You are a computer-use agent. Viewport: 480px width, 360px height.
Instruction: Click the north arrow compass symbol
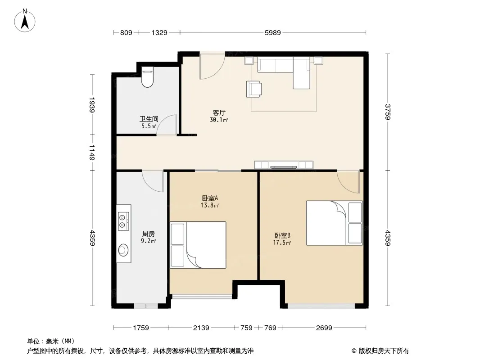[x=25, y=21]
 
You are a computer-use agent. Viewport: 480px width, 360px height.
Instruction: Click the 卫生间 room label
[x=149, y=119]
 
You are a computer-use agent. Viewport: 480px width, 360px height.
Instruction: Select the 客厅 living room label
[x=219, y=112]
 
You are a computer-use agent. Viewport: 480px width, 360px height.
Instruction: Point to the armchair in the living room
[x=254, y=89]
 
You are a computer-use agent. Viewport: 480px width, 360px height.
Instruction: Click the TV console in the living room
[x=284, y=165]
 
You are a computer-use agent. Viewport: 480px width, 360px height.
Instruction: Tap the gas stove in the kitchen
[x=123, y=221]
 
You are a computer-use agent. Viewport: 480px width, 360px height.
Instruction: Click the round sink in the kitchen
[x=123, y=250]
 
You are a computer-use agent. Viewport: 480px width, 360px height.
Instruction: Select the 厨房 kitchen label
[x=149, y=234]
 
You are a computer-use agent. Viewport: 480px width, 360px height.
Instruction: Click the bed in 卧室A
[x=198, y=245]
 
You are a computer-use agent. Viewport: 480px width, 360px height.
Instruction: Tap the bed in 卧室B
[x=334, y=223]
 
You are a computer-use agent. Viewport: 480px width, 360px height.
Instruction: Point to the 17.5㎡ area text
[x=281, y=243]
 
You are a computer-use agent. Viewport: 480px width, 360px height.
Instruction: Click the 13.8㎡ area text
[x=210, y=206]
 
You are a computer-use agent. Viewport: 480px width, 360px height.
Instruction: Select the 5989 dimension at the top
[x=272, y=33]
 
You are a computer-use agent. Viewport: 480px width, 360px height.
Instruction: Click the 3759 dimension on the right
[x=388, y=112]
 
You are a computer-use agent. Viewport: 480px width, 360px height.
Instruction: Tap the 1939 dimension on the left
[x=92, y=105]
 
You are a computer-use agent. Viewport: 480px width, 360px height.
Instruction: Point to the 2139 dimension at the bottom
[x=201, y=328]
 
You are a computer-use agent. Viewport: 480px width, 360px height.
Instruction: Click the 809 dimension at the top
[x=126, y=33]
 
